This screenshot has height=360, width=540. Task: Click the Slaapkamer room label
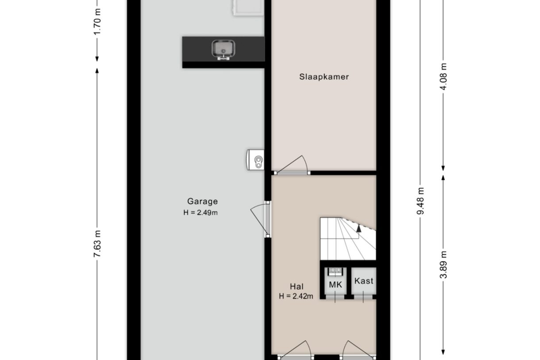324,77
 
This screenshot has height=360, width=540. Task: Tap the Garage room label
202,201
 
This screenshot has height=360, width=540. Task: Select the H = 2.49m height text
201,213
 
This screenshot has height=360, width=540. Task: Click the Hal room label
297,286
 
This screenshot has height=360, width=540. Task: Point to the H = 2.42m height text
296,296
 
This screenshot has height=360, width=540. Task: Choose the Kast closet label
364,281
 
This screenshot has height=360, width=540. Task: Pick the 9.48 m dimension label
420,201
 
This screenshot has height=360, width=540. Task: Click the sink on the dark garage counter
224,49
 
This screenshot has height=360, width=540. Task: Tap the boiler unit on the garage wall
255,159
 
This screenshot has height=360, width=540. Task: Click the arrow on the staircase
359,228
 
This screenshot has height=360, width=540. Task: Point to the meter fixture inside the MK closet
336,271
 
